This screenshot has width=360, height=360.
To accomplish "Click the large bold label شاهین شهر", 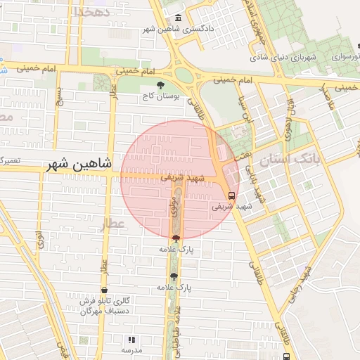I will click(x=79, y=165).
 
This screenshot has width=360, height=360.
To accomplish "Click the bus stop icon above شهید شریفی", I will click(x=232, y=195).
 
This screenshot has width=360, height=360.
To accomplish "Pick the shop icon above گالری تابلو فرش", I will click(x=105, y=290).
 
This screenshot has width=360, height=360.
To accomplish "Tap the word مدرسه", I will click(x=131, y=349).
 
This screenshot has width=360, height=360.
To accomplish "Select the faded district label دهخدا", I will click(x=92, y=12).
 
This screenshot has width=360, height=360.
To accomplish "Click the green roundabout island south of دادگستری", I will click(x=184, y=74).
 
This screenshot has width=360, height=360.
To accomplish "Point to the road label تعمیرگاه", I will click(x=10, y=160).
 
